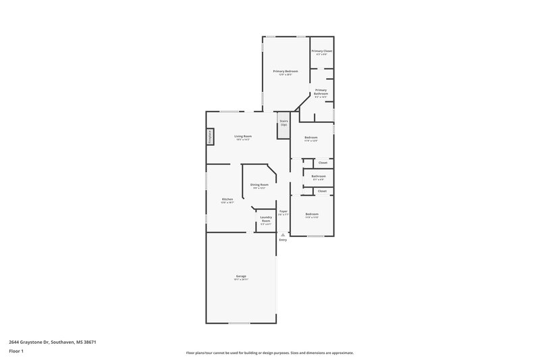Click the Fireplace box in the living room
[210, 136]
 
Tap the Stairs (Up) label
[283, 123]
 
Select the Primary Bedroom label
[286, 71]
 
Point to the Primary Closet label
[321, 51]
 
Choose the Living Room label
[243, 136]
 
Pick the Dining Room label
[260, 184]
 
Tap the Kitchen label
[228, 199]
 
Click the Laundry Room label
[266, 219]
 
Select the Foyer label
[283, 211]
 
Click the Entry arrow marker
[283, 234]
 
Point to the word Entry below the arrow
[283, 240]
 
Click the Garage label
[241, 276]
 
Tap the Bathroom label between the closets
[319, 176]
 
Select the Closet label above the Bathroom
[323, 162]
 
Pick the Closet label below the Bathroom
[322, 190]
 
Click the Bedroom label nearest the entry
[311, 214]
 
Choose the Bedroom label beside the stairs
[311, 137]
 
